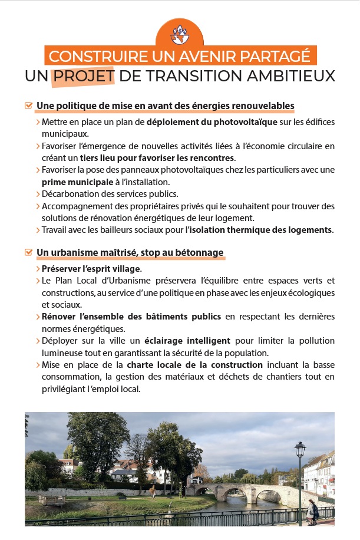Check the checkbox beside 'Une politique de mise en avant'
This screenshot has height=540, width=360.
(28, 106)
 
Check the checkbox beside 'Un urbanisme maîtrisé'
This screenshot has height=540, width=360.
(28, 252)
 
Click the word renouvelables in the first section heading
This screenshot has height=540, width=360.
(264, 106)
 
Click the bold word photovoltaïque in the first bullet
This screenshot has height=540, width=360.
(245, 122)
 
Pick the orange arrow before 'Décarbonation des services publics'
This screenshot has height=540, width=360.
(38, 194)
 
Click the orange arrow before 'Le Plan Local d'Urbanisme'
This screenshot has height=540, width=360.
(38, 281)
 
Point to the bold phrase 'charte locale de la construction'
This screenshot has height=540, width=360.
(194, 366)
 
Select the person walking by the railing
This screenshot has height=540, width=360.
(311, 509)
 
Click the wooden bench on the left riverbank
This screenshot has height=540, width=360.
(51, 500)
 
